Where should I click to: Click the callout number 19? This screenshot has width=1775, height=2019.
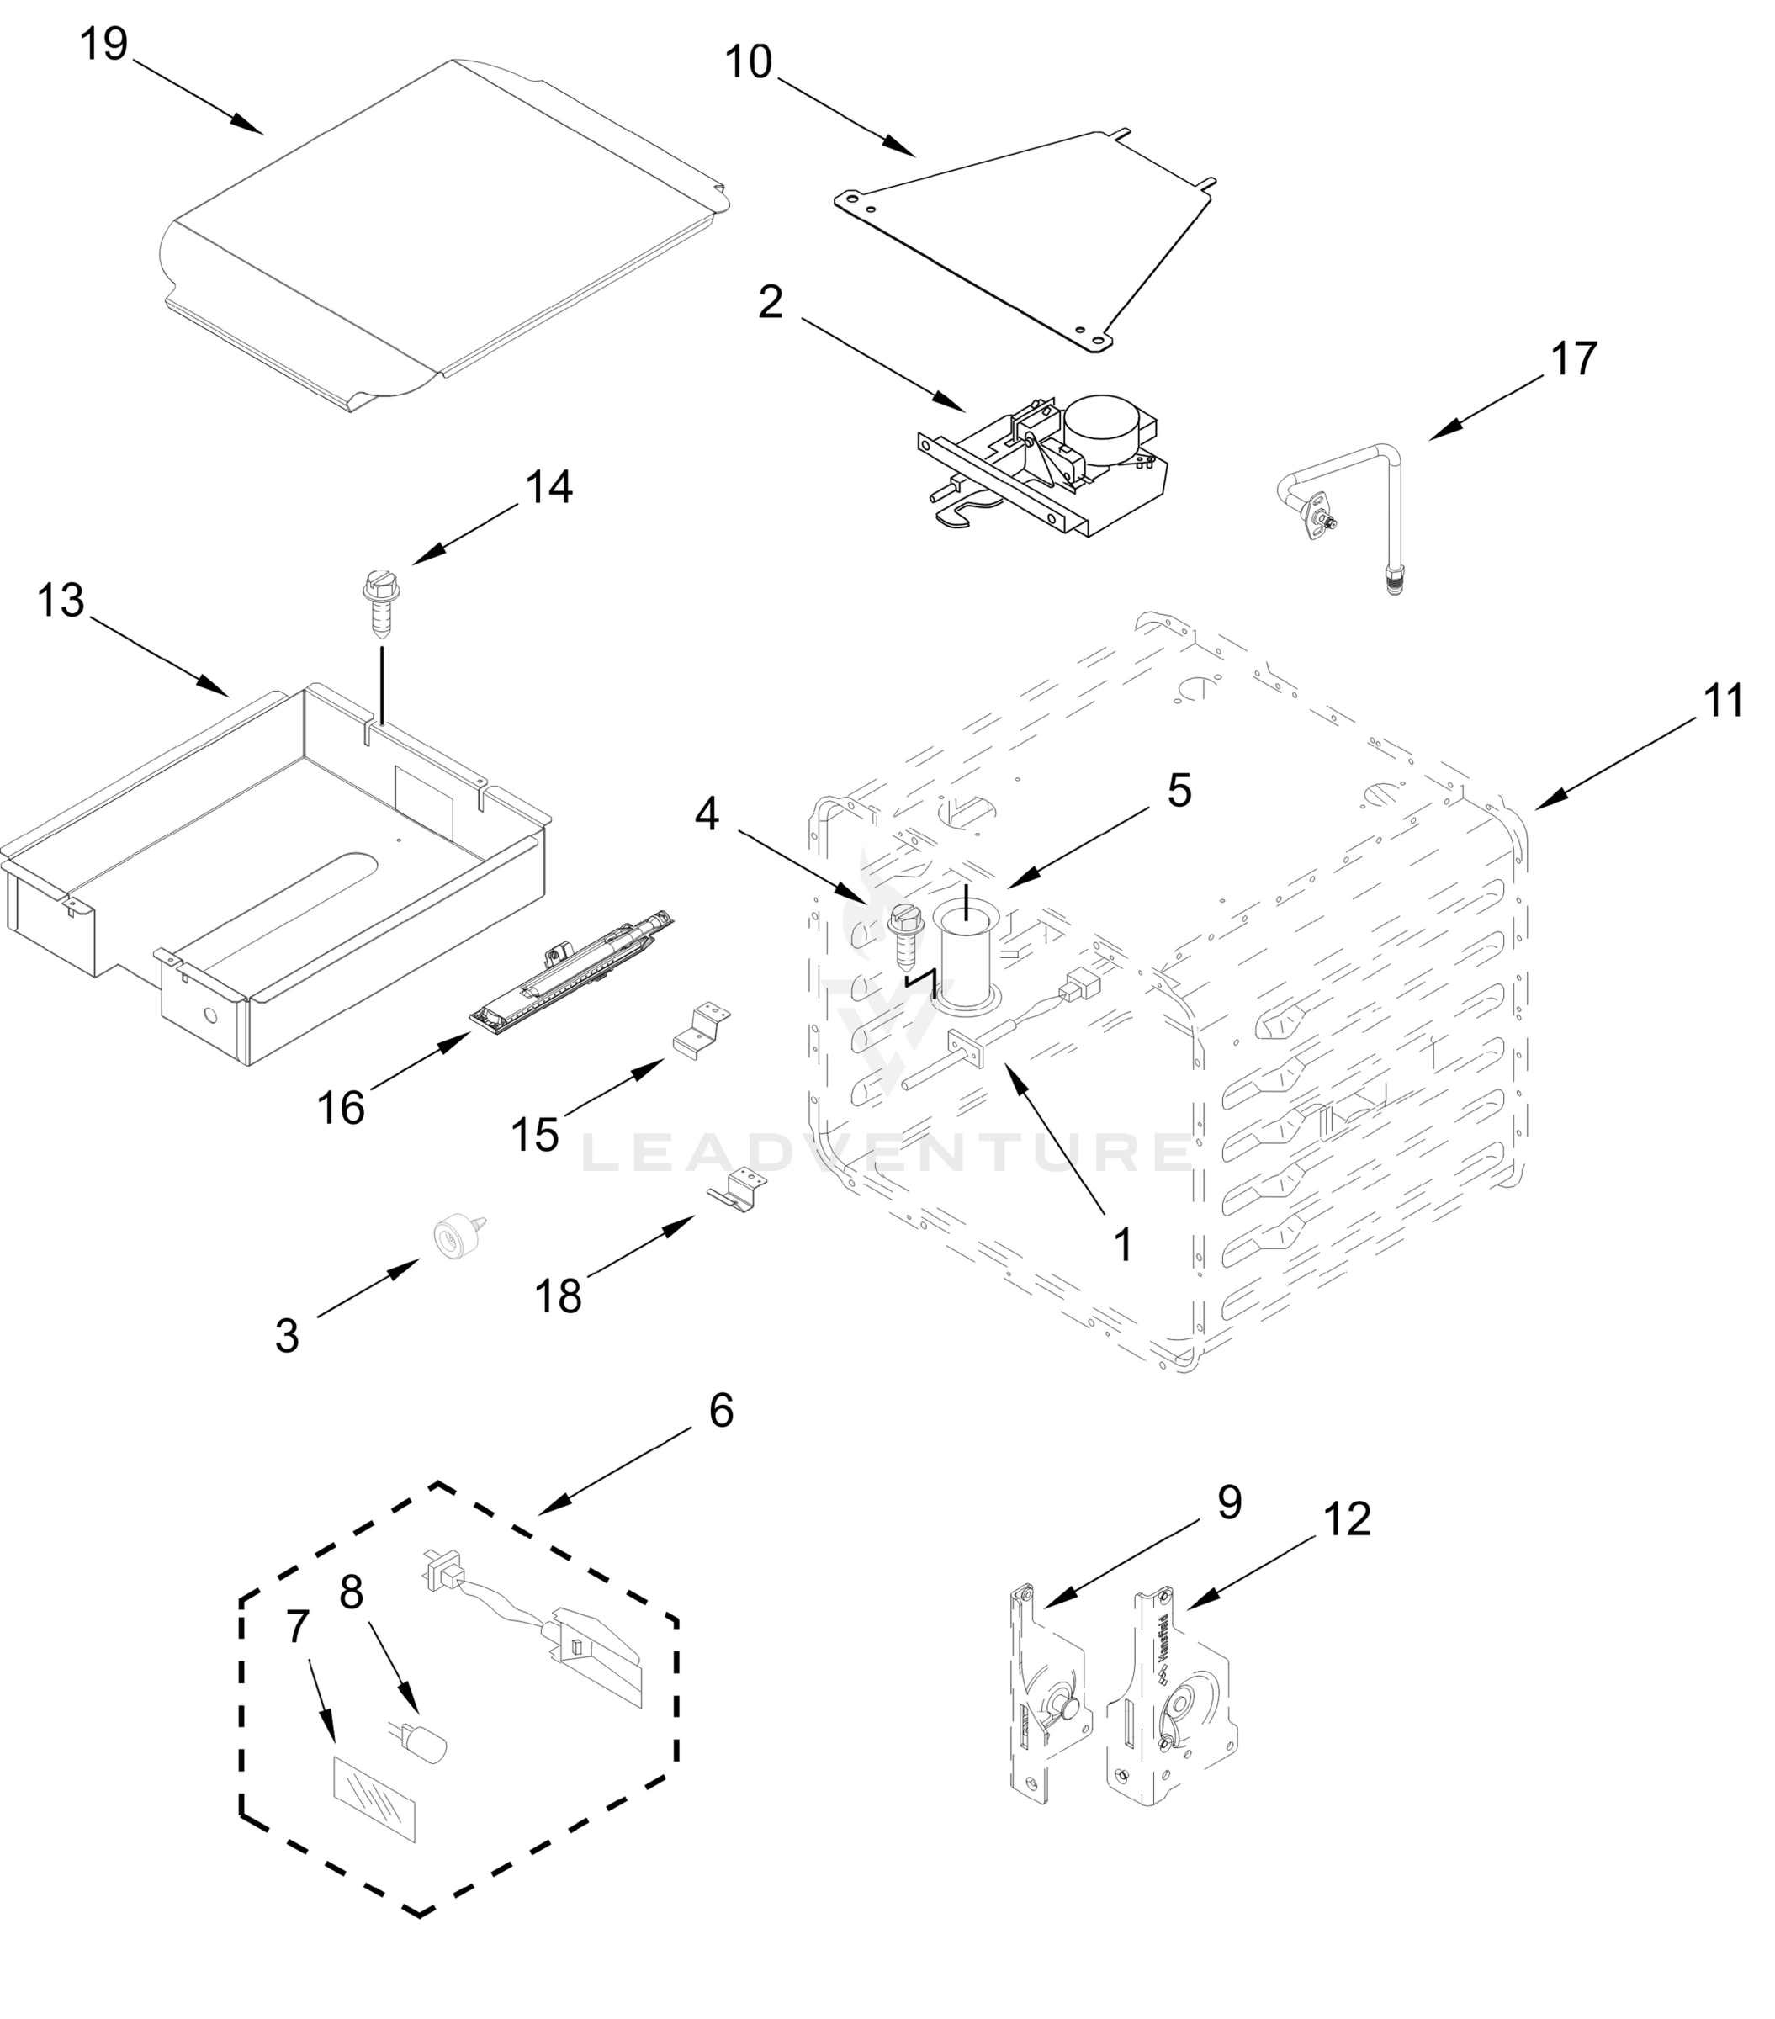pos(103,45)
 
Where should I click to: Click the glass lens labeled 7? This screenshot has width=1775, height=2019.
pos(375,1799)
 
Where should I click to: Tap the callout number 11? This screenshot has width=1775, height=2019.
pos(1724,702)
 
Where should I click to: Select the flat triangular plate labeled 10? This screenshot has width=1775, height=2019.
pos(1027,237)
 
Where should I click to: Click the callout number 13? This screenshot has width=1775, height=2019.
pos(61,601)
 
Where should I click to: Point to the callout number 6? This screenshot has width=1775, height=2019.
pos(721,1412)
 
